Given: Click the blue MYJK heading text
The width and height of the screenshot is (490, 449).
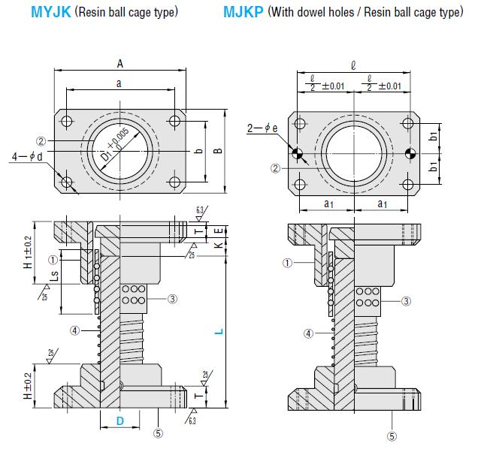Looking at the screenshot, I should point(52,13).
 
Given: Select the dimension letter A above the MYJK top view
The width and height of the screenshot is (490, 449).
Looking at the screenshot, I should point(120,65).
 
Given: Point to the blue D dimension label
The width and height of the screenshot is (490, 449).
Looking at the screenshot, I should point(120,421).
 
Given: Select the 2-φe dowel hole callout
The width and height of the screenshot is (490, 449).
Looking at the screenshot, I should point(262,128).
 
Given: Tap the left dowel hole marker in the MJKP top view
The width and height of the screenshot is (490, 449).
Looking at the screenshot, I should point(299,154).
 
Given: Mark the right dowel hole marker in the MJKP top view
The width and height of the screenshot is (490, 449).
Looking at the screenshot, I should point(410,154).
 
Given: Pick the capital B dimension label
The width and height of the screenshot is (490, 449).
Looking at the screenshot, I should point(217,151).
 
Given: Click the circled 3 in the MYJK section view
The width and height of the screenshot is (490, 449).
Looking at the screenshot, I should point(172,299).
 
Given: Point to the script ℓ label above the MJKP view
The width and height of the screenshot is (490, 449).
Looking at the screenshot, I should point(353,65).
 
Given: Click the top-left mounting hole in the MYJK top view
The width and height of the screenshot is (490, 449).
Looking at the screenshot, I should point(67,122).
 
